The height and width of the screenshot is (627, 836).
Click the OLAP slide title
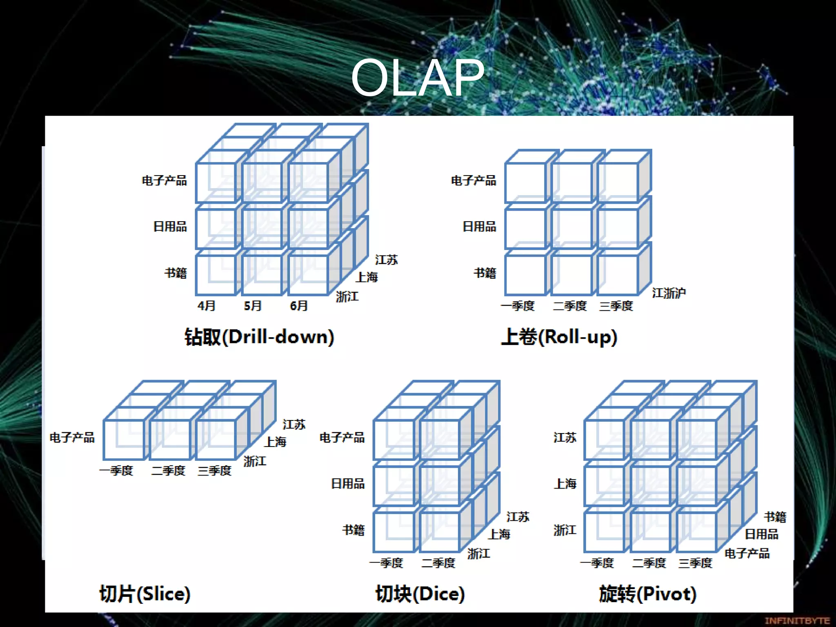(417, 78)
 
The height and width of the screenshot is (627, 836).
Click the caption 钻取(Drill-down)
(259, 337)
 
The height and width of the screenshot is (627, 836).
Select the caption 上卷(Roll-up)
(559, 337)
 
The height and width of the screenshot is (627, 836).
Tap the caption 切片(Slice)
(145, 594)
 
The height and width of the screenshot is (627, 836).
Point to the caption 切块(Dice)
(420, 594)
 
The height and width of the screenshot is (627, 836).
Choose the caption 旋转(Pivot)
(647, 594)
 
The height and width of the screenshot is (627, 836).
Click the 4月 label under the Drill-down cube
(206, 306)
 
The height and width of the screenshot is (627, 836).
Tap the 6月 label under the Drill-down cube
(299, 306)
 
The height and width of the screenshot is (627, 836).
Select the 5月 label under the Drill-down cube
(253, 306)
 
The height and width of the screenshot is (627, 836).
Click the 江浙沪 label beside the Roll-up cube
(669, 293)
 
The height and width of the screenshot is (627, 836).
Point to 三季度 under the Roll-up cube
(616, 306)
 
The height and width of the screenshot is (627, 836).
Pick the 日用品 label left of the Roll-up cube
(479, 227)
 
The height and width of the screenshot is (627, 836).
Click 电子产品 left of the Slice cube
(72, 438)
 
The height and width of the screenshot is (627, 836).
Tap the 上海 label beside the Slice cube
(276, 442)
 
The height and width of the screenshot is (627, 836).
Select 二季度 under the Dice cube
(438, 563)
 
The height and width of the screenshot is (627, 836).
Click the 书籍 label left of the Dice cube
(353, 530)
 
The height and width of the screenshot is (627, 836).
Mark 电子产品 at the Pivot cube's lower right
(747, 554)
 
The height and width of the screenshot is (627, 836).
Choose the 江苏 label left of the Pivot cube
(565, 438)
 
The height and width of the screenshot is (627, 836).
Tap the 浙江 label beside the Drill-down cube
(347, 297)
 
